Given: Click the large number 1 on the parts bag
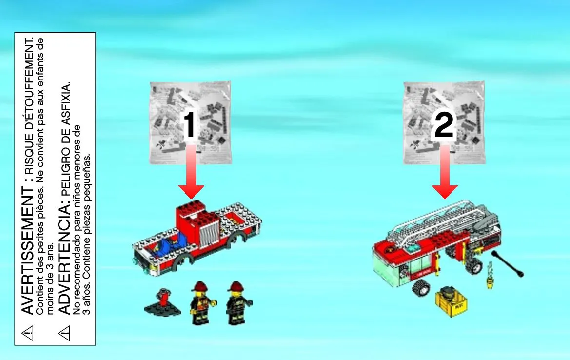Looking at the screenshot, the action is (x=190, y=125).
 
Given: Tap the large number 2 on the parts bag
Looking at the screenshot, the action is (x=444, y=125).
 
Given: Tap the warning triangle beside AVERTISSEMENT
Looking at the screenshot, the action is (x=28, y=332).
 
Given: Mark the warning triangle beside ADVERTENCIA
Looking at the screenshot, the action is (x=64, y=333).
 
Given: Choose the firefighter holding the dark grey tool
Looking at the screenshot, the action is (x=238, y=303).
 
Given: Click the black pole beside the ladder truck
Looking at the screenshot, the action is (x=507, y=263).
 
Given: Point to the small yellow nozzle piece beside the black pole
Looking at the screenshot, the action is (x=491, y=275).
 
